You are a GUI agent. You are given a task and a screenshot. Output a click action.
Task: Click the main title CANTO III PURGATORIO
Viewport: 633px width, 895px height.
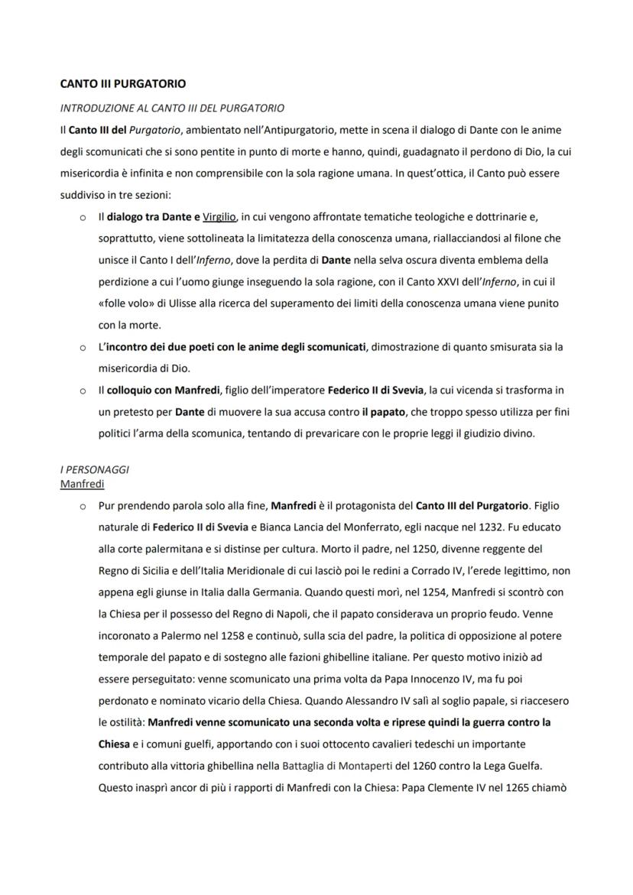pos(122,83)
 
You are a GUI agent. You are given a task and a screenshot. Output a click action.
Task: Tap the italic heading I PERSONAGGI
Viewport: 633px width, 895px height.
pos(94,469)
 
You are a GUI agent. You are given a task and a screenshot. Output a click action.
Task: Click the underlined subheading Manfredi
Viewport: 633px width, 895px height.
pos(82,484)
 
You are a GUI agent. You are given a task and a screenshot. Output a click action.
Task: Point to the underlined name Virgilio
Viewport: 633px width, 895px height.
pos(219,217)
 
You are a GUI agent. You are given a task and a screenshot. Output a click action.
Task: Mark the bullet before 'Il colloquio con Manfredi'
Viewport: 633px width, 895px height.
pos(82,391)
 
